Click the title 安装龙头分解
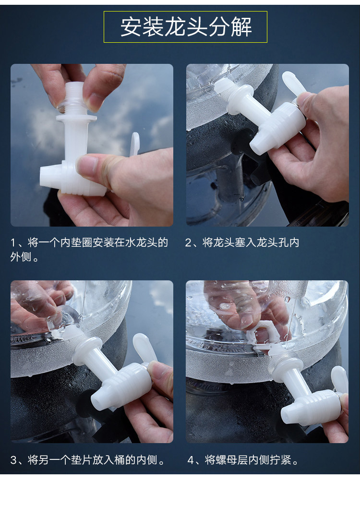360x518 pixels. [x=186, y=27]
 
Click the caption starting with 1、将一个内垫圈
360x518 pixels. [x=89, y=250]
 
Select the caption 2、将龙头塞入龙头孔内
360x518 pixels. [x=242, y=242]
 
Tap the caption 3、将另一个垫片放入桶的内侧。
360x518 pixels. [x=88, y=459]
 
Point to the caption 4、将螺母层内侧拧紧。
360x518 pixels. [x=243, y=459]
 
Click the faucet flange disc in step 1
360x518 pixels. [x=76, y=118]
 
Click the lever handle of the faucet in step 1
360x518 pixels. [x=135, y=144]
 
